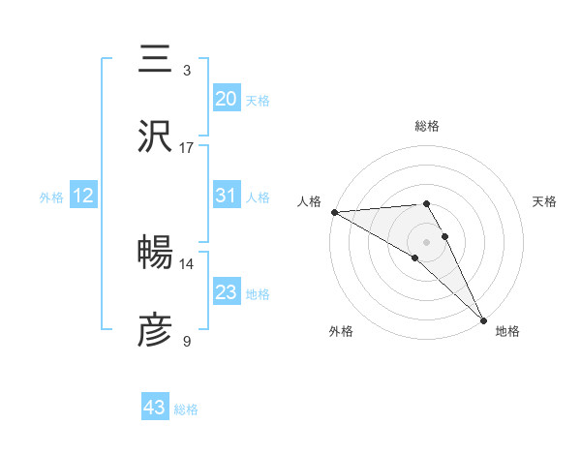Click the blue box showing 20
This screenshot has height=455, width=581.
coord(227,99)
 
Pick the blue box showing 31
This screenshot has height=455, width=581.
coord(227,196)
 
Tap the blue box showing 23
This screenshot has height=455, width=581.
coord(227,292)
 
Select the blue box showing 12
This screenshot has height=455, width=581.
coord(83,196)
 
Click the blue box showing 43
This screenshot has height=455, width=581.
coord(155,408)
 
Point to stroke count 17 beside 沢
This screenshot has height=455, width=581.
coord(186,148)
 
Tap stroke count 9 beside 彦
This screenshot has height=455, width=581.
coord(186,341)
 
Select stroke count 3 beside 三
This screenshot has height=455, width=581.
coord(186,71)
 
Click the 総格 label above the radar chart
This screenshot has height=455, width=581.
coord(427,126)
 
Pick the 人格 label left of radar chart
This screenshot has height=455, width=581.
coord(309,200)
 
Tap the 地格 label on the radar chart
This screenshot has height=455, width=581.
coord(507,331)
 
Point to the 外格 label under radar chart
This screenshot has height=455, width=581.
coord(341,331)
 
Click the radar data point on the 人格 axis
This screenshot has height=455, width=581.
coord(333,212)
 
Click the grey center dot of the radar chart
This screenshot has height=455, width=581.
coord(427,241)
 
